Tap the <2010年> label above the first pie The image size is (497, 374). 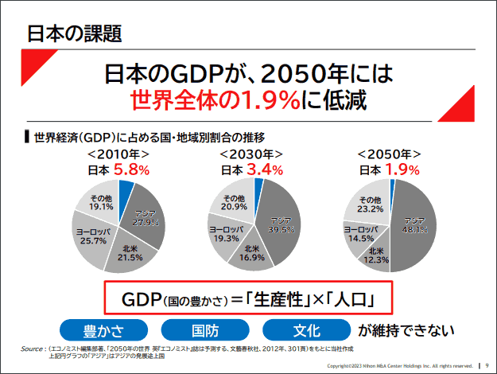tap(118, 154)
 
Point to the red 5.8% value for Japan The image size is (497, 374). tap(132, 169)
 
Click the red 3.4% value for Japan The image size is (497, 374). tap(265, 169)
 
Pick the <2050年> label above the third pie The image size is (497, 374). tap(390, 154)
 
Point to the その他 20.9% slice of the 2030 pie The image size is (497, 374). tap(235, 202)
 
